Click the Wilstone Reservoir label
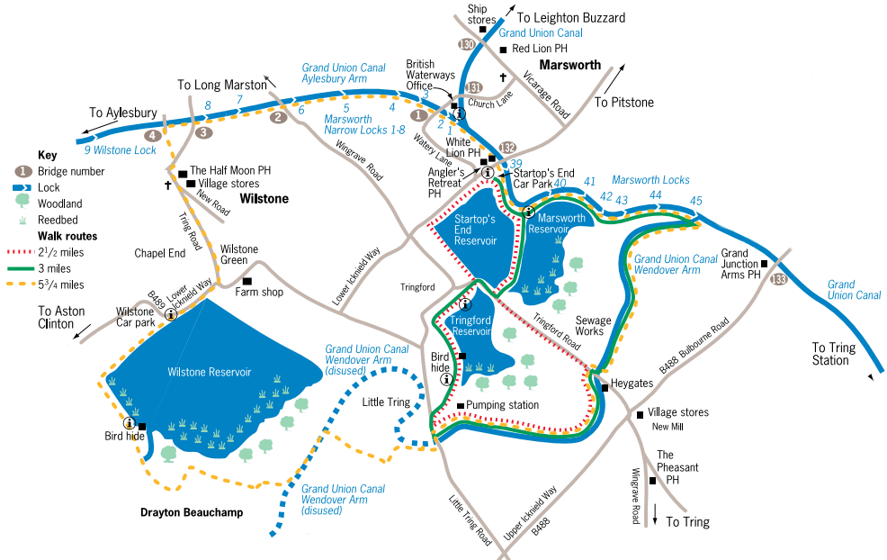(209, 371)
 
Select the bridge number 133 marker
(779, 280)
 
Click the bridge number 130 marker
(465, 44)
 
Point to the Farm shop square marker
(246, 281)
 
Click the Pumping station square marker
(460, 406)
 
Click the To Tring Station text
(830, 354)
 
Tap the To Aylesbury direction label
(122, 113)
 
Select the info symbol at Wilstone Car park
(170, 314)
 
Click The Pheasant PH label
(677, 467)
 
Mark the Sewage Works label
(593, 326)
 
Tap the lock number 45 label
(694, 200)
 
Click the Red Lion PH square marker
(503, 50)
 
